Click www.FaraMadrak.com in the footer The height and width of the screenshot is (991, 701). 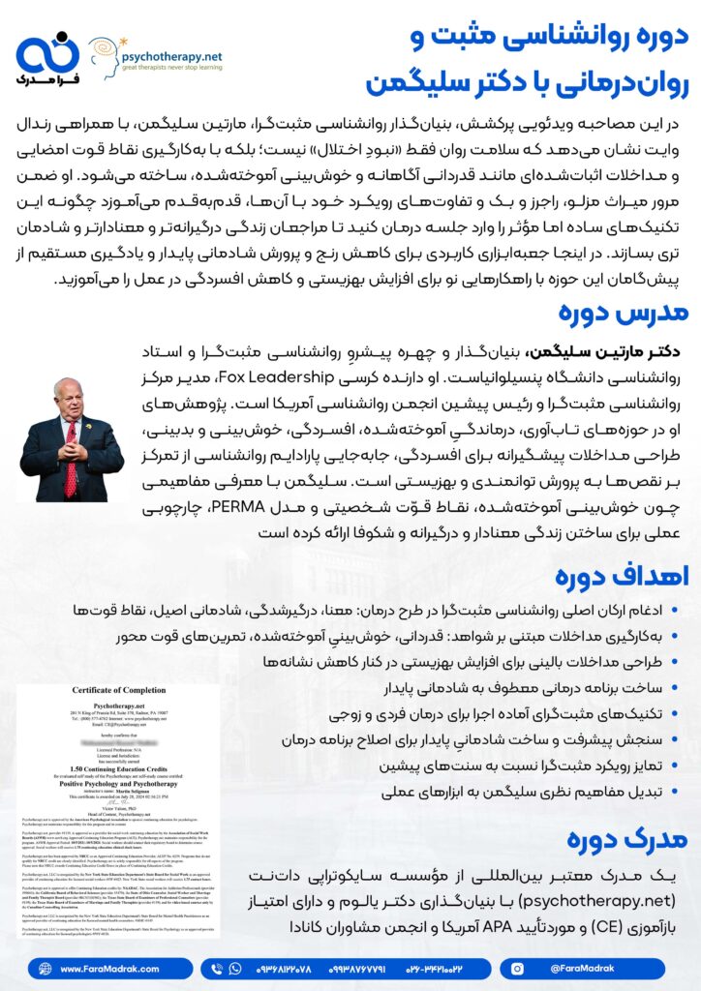coord(103,968)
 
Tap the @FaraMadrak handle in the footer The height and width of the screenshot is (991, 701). coord(585,968)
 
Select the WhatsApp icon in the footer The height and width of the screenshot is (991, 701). coord(233,968)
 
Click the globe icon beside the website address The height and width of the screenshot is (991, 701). coord(42,968)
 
